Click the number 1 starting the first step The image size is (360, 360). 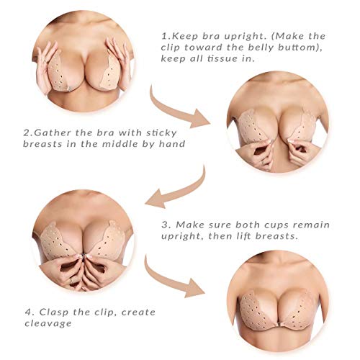click(164, 36)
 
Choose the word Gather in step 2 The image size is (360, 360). click(50, 132)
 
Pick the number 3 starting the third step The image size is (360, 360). click(165, 225)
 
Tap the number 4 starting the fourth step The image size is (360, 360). click(29, 312)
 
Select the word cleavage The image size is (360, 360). click(48, 324)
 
